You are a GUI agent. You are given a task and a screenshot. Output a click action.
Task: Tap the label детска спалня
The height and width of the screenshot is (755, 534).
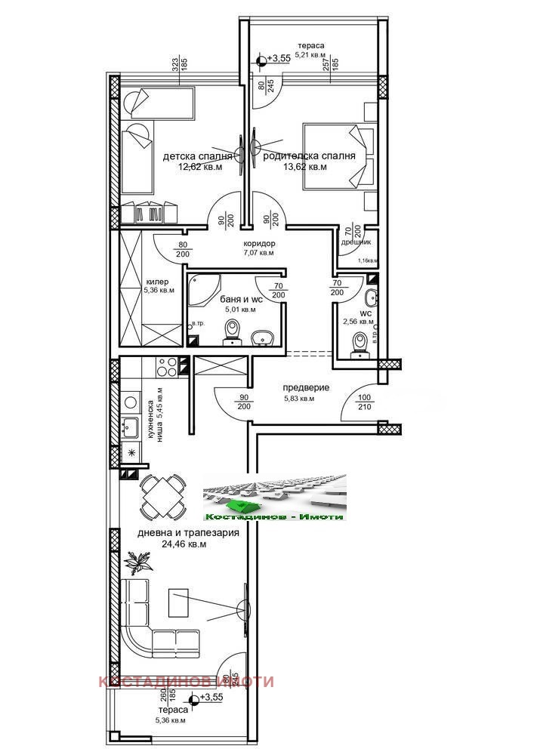pos(198,157)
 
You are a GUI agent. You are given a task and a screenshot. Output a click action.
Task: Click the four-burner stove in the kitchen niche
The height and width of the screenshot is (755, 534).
pos(166,366)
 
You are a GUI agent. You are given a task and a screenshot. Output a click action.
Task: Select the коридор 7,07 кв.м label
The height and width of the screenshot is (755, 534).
pos(259,248)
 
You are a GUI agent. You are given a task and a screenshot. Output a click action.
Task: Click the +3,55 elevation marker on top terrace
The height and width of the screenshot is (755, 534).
pos(275,58)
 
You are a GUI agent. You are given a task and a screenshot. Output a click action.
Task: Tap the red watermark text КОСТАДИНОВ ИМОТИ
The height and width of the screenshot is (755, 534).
pos(186,682)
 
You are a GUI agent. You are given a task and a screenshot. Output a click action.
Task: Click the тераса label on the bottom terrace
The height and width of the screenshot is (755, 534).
pos(173,710)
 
